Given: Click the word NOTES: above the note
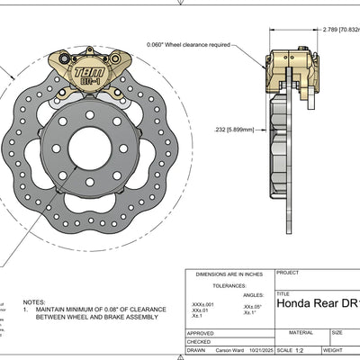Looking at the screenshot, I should pos(34,302).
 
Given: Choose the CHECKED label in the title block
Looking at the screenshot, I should pos(199,341).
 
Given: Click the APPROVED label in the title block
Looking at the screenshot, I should pos(201,332).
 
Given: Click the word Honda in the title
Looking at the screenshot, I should pos(298,303).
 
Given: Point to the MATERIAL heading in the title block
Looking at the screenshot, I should pos(301,332).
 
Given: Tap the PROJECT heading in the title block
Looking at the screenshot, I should pos(289,273).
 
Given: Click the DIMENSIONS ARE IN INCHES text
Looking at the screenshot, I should pos(229,273).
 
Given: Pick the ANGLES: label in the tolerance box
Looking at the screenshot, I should pos(253,293).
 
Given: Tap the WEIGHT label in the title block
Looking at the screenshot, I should pos(333,350).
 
